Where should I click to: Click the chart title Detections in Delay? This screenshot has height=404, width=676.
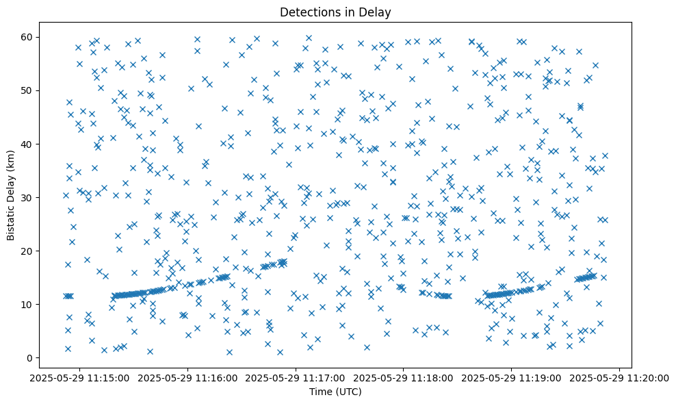click(336, 12)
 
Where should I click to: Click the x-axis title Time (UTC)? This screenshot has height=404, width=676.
click(336, 392)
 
